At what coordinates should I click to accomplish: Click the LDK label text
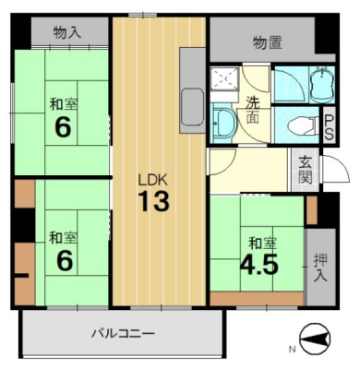click(x=153, y=180)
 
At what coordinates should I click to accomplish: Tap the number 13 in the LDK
click(x=153, y=201)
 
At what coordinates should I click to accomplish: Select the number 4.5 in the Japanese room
click(x=259, y=265)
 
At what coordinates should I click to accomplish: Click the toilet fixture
click(x=303, y=125)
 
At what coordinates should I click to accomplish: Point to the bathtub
click(x=321, y=84)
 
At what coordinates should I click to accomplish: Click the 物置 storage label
click(x=268, y=42)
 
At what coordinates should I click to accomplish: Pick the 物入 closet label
click(x=67, y=32)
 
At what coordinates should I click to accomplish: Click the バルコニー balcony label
click(x=123, y=333)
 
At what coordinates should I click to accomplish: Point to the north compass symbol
click(x=315, y=339)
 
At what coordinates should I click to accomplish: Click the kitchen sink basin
click(x=193, y=106)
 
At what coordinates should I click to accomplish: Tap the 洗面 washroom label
click(x=252, y=110)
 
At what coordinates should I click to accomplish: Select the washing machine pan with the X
click(x=224, y=78)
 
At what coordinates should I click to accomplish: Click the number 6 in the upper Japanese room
click(x=63, y=127)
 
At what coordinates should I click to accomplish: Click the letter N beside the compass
click(x=292, y=350)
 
